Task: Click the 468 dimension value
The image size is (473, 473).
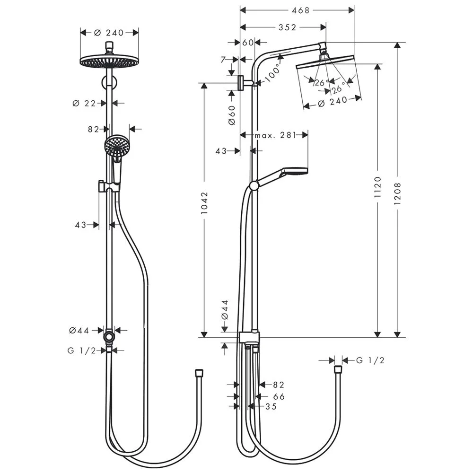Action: [x=301, y=10]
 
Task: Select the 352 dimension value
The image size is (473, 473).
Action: [x=288, y=27]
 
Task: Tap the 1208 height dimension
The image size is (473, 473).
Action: [x=397, y=193]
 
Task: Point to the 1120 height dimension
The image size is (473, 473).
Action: [x=377, y=187]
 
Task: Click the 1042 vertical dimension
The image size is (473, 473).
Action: [x=204, y=203]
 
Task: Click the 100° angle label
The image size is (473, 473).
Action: [x=273, y=73]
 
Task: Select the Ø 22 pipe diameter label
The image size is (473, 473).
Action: [x=84, y=104]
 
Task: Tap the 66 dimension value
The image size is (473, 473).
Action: [x=279, y=396]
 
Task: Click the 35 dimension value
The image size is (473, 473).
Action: [x=271, y=407]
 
